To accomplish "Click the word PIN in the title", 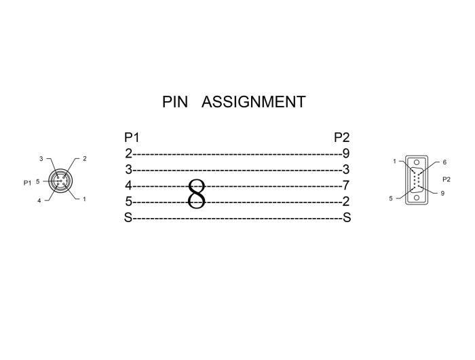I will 174,103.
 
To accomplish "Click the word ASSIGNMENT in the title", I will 253,103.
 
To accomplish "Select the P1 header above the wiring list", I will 132,138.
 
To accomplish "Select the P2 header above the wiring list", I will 342,138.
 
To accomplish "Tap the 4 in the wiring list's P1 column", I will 128,185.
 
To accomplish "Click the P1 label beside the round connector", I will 27,182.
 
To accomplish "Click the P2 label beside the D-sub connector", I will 446,179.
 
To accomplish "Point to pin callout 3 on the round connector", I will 41,159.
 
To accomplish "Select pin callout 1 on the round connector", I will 84,200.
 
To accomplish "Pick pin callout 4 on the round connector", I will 39,200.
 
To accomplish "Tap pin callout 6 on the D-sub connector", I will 444,163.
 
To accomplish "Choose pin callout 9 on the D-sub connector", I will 442,194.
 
